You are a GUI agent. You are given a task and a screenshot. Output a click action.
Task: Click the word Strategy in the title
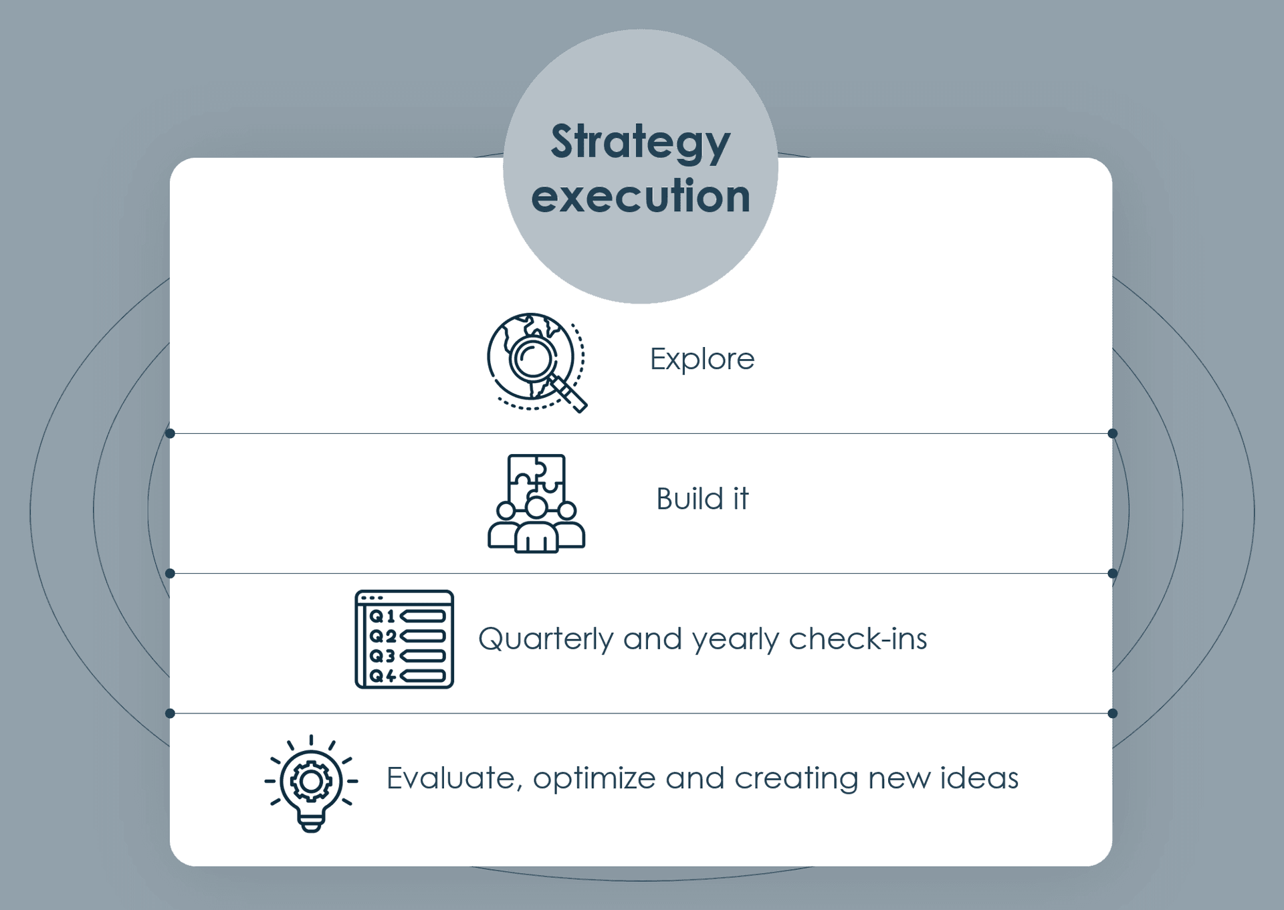641,143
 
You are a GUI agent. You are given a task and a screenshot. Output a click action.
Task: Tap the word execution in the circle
641,197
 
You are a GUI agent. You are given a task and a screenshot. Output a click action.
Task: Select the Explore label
702,360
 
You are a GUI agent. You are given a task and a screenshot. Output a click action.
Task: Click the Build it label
702,499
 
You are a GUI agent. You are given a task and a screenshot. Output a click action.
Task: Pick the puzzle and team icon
536,503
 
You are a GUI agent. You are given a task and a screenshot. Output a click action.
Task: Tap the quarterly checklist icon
404,639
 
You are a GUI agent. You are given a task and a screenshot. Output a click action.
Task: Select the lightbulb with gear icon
311,783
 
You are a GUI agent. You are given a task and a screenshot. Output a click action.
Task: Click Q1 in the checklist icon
383,616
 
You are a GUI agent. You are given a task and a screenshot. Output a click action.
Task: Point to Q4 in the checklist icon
383,676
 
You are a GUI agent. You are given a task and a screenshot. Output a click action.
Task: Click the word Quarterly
546,640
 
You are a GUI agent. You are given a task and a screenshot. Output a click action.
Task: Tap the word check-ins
858,639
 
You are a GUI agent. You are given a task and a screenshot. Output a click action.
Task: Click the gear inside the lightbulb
310,781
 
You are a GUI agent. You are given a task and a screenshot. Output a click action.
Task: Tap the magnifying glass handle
568,394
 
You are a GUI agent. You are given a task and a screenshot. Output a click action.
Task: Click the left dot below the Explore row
170,433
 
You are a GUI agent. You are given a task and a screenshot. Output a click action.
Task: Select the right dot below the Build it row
1113,574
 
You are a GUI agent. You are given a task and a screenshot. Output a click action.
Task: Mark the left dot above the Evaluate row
170,713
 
